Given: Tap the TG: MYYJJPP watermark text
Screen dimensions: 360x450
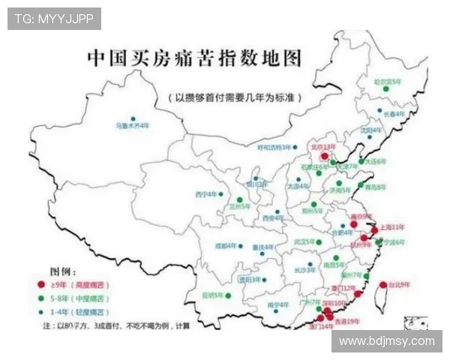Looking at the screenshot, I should (54, 19).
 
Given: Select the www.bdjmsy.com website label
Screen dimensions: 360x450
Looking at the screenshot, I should (386, 341).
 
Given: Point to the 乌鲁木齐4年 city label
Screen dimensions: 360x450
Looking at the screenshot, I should (133, 126).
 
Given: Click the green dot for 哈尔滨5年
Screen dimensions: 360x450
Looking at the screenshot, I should (386, 88).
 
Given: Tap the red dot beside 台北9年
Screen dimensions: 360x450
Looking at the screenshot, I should (383, 284).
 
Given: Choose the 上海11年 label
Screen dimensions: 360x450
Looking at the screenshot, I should (392, 226).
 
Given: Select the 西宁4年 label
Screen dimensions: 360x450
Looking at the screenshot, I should (205, 194).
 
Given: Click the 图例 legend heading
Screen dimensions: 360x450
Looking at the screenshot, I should (63, 271).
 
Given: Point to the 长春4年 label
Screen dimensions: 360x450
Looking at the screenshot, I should (394, 114).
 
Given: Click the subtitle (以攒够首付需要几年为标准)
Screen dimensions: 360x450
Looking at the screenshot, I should (235, 97).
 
